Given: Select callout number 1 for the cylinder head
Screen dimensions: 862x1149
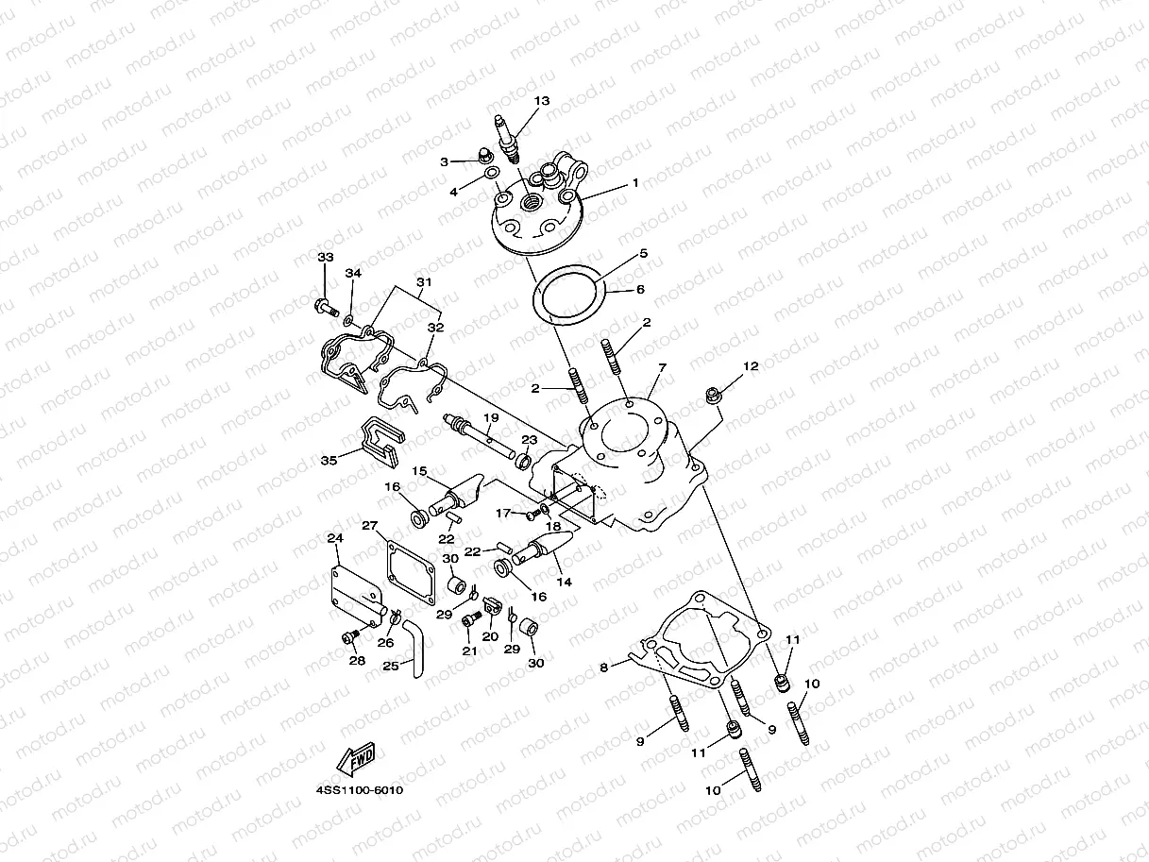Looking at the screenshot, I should (635, 182).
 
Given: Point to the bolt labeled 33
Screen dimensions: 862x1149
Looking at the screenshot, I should (324, 306).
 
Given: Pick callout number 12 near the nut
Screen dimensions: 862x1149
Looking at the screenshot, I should (751, 365).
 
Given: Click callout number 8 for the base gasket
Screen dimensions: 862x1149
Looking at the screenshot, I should (603, 668).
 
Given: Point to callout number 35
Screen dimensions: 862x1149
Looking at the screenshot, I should (329, 461).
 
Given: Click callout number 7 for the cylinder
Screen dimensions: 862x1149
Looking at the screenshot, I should (662, 366).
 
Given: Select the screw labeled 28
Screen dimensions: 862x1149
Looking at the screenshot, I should (347, 639).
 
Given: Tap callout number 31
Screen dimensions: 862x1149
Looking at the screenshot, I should (423, 282).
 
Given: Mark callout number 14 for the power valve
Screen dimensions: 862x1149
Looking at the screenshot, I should (564, 583).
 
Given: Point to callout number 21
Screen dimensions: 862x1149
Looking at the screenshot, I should (468, 651).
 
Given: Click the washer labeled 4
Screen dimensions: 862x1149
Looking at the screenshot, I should (491, 174).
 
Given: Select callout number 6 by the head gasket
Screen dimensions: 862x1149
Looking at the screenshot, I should (640, 290).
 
